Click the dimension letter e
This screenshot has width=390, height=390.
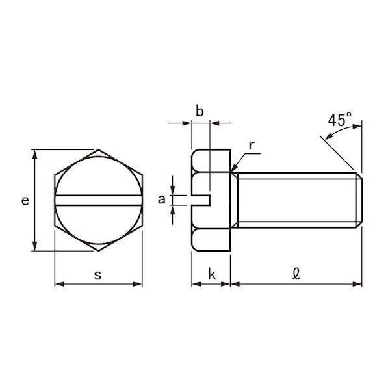25,201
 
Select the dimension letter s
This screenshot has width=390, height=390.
97,276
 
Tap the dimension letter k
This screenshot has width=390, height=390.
212,274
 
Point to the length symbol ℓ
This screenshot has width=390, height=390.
296,274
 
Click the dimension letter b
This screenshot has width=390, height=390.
200,110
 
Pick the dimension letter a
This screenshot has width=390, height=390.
161,200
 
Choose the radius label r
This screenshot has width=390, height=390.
252,146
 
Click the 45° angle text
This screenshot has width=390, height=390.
339,120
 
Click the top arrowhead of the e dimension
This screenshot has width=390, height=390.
35,155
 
